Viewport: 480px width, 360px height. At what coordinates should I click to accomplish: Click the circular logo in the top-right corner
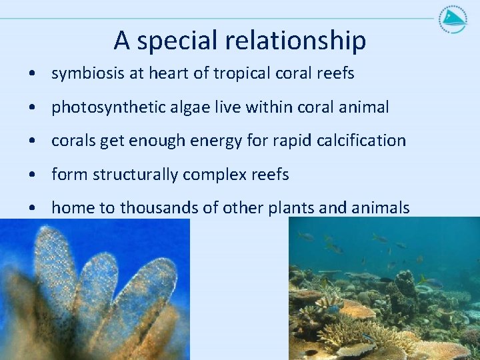(x=453, y=18)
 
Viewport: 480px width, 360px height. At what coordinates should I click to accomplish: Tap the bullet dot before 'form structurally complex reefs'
(x=33, y=175)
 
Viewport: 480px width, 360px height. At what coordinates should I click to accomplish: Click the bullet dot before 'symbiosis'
(x=33, y=74)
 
